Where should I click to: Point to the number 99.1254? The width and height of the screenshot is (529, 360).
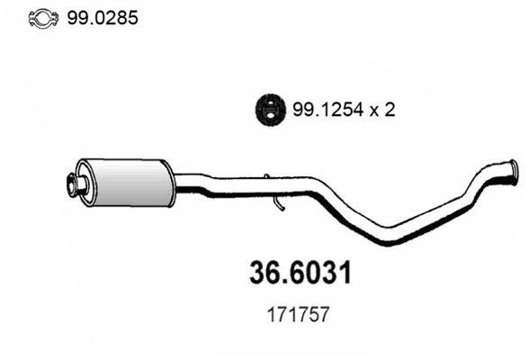pos(325,109)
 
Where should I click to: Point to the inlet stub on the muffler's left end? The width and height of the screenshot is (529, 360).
pos(76,185)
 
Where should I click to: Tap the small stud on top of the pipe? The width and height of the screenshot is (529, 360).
pos(267,177)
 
